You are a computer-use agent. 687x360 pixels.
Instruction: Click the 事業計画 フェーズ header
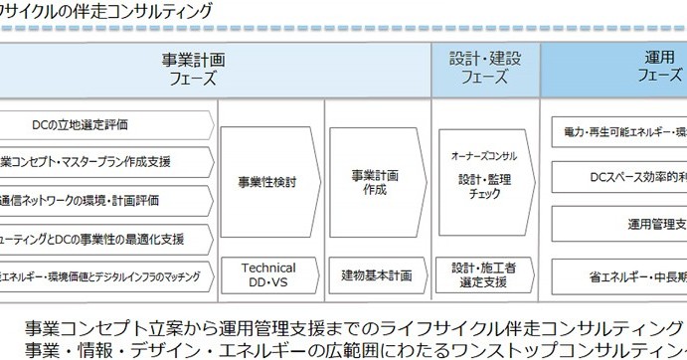(191, 68)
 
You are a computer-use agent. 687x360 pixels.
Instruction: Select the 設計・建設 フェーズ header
(485, 68)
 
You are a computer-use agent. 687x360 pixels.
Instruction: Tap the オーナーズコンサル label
(484, 156)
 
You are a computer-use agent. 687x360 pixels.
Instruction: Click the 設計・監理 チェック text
(484, 187)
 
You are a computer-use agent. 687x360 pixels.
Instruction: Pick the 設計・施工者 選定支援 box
(484, 275)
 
